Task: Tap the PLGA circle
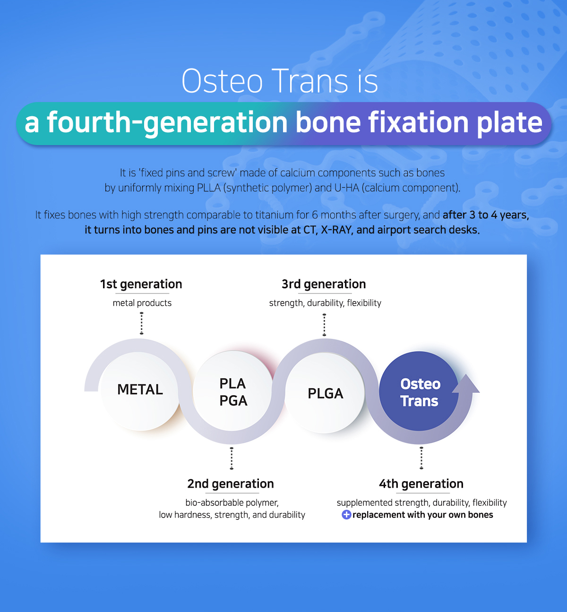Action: coord(325,393)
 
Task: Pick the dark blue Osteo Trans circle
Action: coord(419,391)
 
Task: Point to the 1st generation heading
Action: coord(141,284)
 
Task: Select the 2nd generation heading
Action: coord(231,483)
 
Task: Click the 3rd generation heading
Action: coord(324,284)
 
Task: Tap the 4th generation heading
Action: coord(421,483)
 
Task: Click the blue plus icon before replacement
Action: coord(346,515)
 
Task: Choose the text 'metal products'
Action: coord(142,303)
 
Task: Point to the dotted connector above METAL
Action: coord(141,323)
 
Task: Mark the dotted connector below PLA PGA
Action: coord(232,458)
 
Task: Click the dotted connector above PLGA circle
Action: coord(324,325)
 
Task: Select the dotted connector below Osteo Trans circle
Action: coord(421,458)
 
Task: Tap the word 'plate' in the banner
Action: coord(510,123)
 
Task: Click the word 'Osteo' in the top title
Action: coord(222,81)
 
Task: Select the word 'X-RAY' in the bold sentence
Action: coord(336,230)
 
